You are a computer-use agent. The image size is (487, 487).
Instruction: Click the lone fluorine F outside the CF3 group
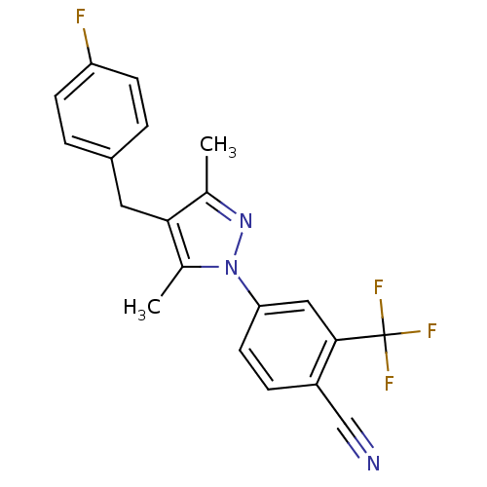81,16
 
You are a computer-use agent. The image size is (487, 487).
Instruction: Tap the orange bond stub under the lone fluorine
87,38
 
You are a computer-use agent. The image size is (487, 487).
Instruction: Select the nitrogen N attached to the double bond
245,221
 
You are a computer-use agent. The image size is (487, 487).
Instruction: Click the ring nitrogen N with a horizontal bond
231,265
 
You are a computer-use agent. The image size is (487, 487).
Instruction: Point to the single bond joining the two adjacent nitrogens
239,243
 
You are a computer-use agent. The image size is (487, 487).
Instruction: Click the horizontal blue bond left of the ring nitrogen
210,264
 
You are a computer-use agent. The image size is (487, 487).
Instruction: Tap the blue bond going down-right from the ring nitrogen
243,283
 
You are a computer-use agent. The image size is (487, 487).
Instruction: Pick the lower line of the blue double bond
224,212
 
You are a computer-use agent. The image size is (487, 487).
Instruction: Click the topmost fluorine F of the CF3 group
378,288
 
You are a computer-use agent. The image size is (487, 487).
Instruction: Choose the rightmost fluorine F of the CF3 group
431,331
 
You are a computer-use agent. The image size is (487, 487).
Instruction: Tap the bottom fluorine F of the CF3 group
389,383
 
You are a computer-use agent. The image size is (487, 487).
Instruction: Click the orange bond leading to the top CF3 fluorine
381,310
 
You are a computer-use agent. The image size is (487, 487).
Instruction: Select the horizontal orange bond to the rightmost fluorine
409,333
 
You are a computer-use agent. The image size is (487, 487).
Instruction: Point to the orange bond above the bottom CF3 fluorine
387,359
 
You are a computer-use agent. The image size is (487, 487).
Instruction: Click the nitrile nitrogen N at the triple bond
372,464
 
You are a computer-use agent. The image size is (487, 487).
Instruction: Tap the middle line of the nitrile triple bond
357,450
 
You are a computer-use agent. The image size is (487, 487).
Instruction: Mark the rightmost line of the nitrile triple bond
362,445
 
